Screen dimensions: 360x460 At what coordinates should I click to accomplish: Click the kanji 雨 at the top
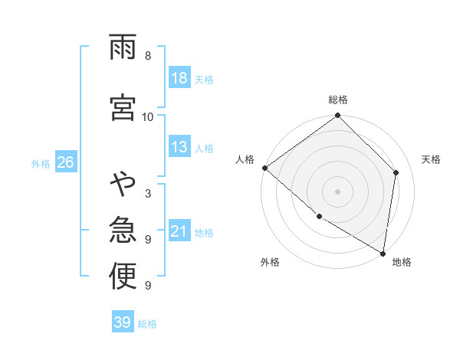(123, 50)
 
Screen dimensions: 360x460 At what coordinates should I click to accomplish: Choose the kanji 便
(123, 276)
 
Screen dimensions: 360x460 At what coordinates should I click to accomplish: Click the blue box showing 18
(179, 78)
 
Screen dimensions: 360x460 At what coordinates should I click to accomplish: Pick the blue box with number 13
(179, 148)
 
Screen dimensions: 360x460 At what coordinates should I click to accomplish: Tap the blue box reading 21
(179, 231)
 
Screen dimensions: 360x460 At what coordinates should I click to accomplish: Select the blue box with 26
(65, 162)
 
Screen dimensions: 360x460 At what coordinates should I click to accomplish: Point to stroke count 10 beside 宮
(148, 116)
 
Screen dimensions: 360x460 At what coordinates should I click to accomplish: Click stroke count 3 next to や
(148, 194)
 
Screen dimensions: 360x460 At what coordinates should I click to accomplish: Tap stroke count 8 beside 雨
(148, 56)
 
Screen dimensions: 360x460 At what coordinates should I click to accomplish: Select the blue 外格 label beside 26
(41, 163)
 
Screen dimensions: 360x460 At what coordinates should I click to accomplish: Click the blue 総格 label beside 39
(148, 323)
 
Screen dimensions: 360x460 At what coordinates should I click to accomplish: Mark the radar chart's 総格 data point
(337, 116)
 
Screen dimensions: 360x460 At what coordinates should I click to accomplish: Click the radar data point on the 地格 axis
(383, 253)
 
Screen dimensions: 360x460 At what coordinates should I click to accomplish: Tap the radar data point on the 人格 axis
(264, 168)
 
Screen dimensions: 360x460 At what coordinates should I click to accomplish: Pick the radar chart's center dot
(337, 191)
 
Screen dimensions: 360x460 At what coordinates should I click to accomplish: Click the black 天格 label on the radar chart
(432, 159)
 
